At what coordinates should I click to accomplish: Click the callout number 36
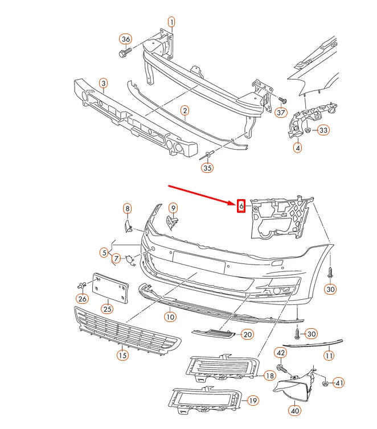point(125,39)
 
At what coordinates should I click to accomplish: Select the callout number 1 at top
point(171,22)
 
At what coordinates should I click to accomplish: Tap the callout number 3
point(103,84)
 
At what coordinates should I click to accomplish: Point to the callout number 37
point(280,113)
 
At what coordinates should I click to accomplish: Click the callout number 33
point(323,130)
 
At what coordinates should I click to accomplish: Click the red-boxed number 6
point(241,205)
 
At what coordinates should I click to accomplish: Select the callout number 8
point(127,209)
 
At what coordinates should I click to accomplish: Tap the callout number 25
point(106,309)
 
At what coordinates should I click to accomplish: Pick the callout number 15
point(122,356)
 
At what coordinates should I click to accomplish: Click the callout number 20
point(247,335)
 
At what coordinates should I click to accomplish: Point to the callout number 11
point(329,356)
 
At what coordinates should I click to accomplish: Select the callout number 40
point(294,410)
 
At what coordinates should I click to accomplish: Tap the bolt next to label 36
point(124,53)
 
